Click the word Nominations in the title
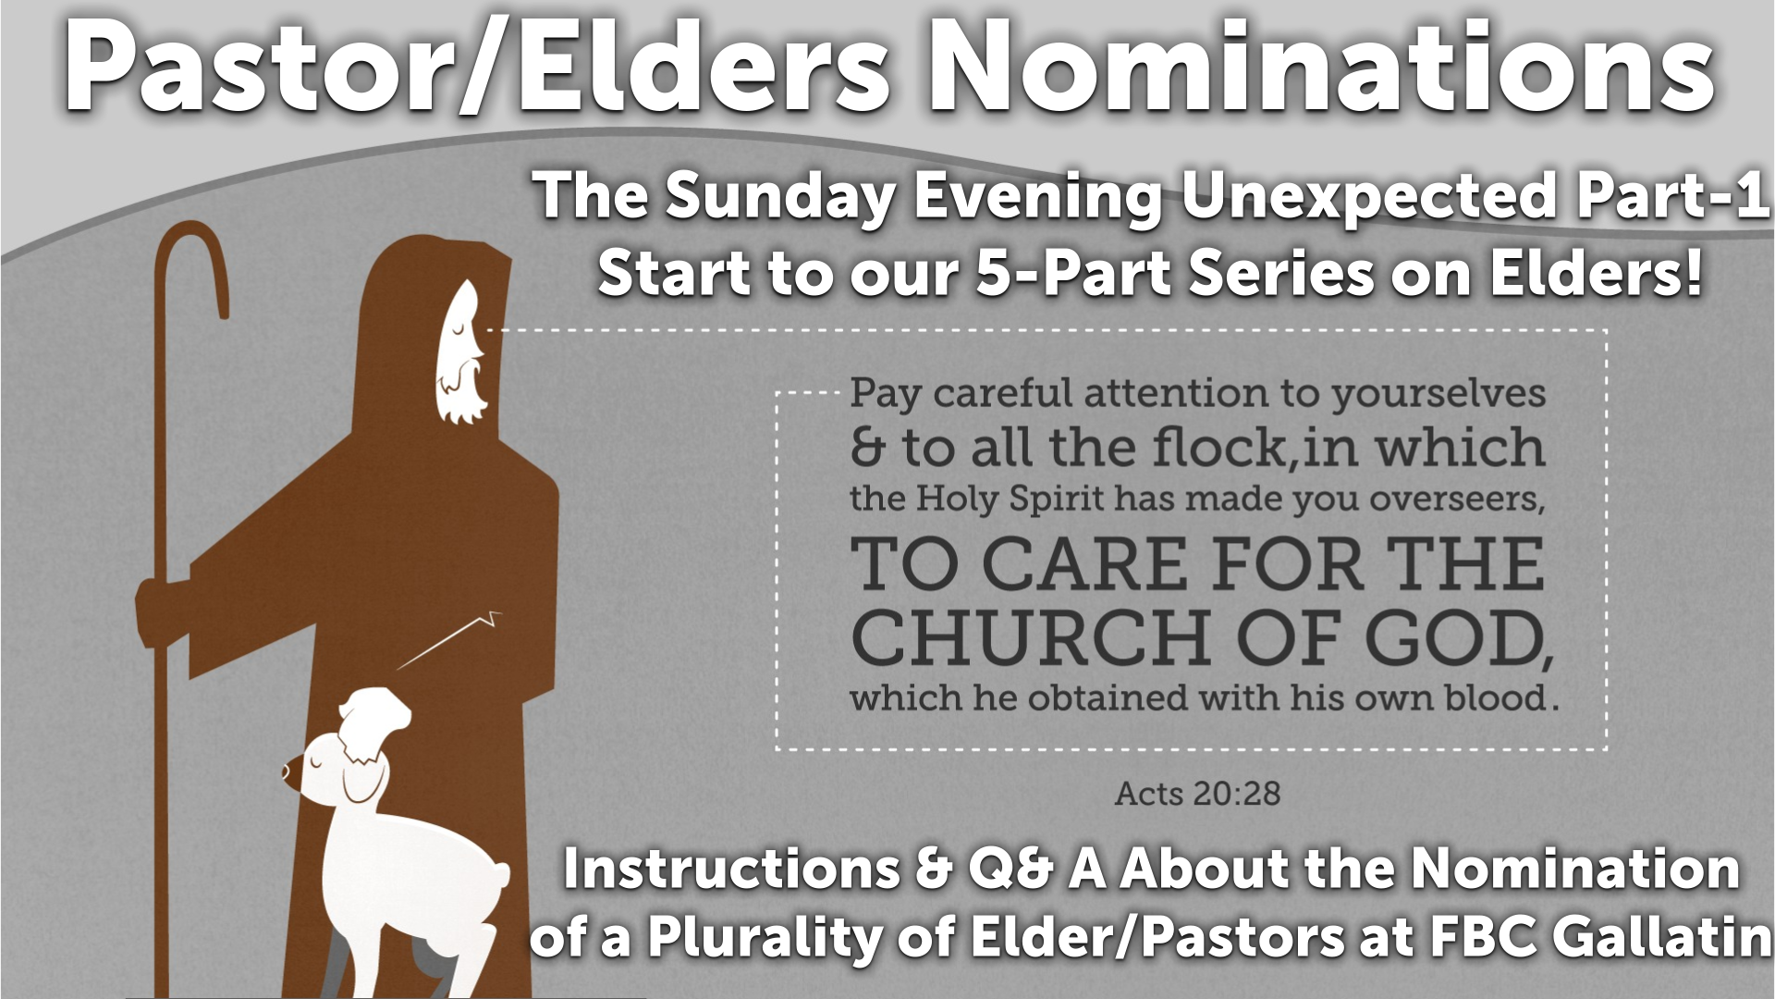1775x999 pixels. tap(1322, 67)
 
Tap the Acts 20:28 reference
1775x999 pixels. tap(1197, 794)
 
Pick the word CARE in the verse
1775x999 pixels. tap(1084, 564)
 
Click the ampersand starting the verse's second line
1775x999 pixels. tap(867, 448)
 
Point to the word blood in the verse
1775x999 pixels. tap(1496, 697)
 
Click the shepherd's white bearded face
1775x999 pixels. tap(461, 351)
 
